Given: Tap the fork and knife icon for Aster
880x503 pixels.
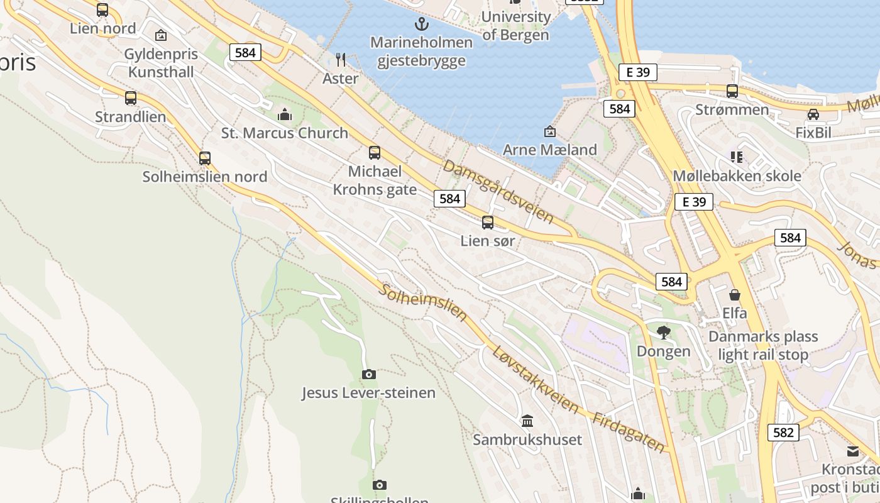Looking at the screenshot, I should click(x=341, y=60).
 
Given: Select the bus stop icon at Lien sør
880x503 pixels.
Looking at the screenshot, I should click(x=488, y=222).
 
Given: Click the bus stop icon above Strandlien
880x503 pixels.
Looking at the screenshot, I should click(x=131, y=98).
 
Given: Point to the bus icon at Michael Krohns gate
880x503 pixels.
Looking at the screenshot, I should click(x=375, y=152).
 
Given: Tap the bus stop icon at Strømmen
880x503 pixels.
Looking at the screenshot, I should click(x=732, y=91).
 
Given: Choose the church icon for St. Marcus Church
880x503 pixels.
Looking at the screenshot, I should click(x=285, y=114).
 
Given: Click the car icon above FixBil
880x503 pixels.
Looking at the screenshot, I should click(x=813, y=114).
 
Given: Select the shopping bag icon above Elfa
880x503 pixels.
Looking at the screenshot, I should click(x=734, y=294).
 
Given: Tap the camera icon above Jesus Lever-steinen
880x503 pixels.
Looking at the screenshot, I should click(x=369, y=374).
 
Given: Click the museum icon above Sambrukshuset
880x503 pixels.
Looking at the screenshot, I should click(x=527, y=420).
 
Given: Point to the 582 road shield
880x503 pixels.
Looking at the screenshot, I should click(x=783, y=433).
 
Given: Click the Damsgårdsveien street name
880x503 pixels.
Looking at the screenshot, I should click(x=498, y=191).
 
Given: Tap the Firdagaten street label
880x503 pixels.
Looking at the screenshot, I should click(x=628, y=433).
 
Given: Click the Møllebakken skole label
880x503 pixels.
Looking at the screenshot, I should click(x=737, y=175).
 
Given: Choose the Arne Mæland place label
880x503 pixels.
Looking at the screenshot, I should click(x=550, y=150).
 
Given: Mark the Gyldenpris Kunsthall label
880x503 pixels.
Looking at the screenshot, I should click(x=161, y=63).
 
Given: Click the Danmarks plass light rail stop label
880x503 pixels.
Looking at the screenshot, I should click(x=763, y=346).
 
